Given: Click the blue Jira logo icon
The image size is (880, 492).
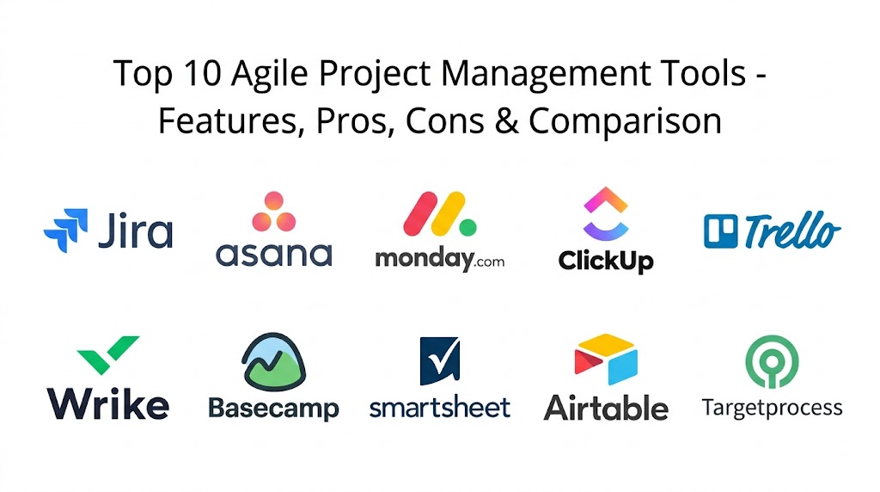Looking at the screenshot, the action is coord(66,231).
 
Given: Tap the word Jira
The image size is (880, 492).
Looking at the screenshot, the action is coord(135,230).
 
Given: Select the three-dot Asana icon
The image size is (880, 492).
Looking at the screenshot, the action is coord(274,212).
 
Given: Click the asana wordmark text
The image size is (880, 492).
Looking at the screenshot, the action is coord(274,255).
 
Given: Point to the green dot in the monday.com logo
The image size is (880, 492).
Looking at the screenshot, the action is coord(468,227).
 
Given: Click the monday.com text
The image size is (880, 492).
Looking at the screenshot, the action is coord(439,260).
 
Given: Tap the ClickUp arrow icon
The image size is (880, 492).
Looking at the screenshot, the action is coord(606,213).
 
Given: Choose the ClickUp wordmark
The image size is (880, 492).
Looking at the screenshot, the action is coord(606,261).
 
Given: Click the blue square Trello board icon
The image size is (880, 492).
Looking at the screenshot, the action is coord(721,231).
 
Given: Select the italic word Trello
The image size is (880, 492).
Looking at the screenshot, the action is coord(792,231).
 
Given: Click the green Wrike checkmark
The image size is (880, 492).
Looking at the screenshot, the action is coord(107,354).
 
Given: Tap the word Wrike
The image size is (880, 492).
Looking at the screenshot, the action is coord(107,403).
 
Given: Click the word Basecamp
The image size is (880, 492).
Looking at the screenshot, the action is coord(274,409).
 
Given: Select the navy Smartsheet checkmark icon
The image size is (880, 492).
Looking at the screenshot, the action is coord(440,360).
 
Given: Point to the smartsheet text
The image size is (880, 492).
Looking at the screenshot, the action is coord(440,407).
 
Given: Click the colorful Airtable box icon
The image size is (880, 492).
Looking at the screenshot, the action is coord(606,359).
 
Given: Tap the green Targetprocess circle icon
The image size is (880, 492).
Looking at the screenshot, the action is coord(772,362).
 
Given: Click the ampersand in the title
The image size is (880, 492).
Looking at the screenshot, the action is coord(507,120).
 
